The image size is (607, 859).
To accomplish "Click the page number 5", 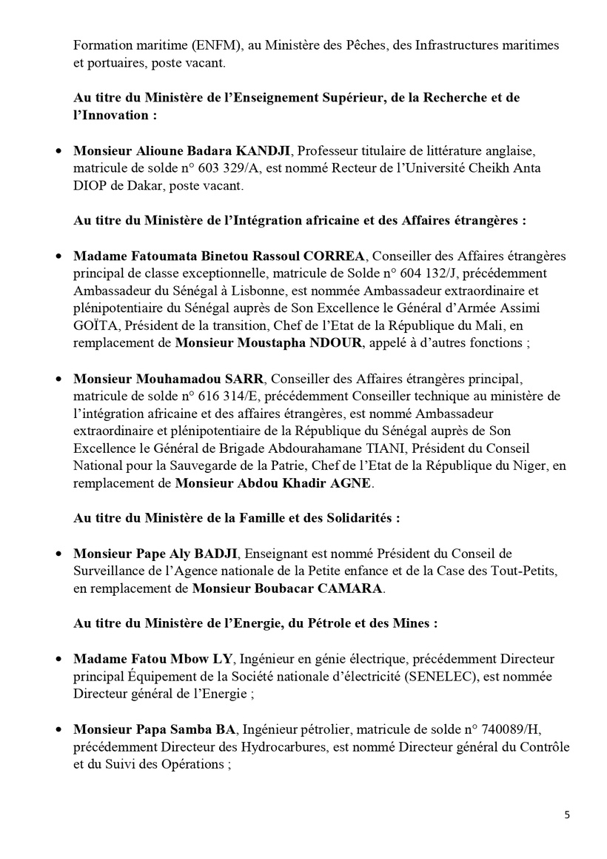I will coord(567,815).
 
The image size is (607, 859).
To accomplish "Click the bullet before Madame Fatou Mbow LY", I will coord(58,659).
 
